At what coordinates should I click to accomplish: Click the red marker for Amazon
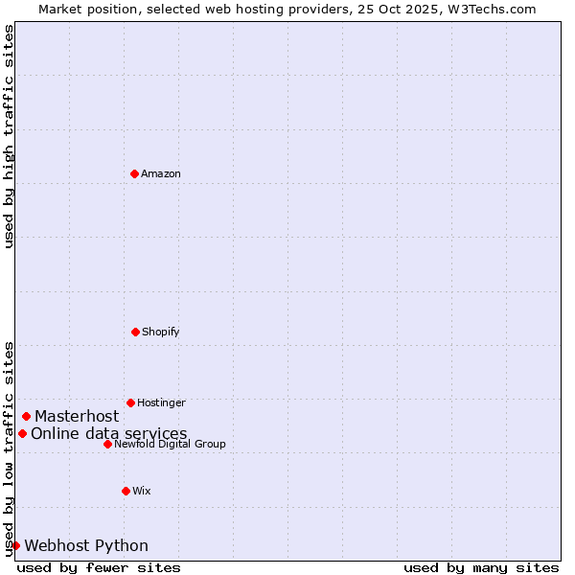[134, 173]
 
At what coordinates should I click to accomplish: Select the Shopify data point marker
[135, 332]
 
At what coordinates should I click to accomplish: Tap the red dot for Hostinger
[130, 402]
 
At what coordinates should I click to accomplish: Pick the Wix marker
[126, 491]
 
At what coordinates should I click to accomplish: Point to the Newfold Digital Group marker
[107, 444]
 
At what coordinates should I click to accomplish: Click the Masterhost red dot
[26, 416]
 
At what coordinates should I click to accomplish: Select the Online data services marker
[22, 433]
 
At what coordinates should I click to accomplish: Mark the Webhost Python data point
[15, 545]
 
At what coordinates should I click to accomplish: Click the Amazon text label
[161, 173]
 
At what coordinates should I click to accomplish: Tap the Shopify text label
[161, 332]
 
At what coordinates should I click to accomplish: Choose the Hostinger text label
[161, 402]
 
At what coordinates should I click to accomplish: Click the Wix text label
[142, 491]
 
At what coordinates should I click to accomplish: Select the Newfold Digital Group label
[170, 444]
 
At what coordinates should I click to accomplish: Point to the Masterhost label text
[77, 416]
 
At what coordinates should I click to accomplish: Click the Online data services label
[109, 433]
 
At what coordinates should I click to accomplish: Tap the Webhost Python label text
[86, 545]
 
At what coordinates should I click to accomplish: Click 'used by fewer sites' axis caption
[99, 567]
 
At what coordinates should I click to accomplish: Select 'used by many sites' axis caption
[481, 567]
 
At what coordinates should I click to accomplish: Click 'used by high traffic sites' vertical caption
[9, 136]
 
